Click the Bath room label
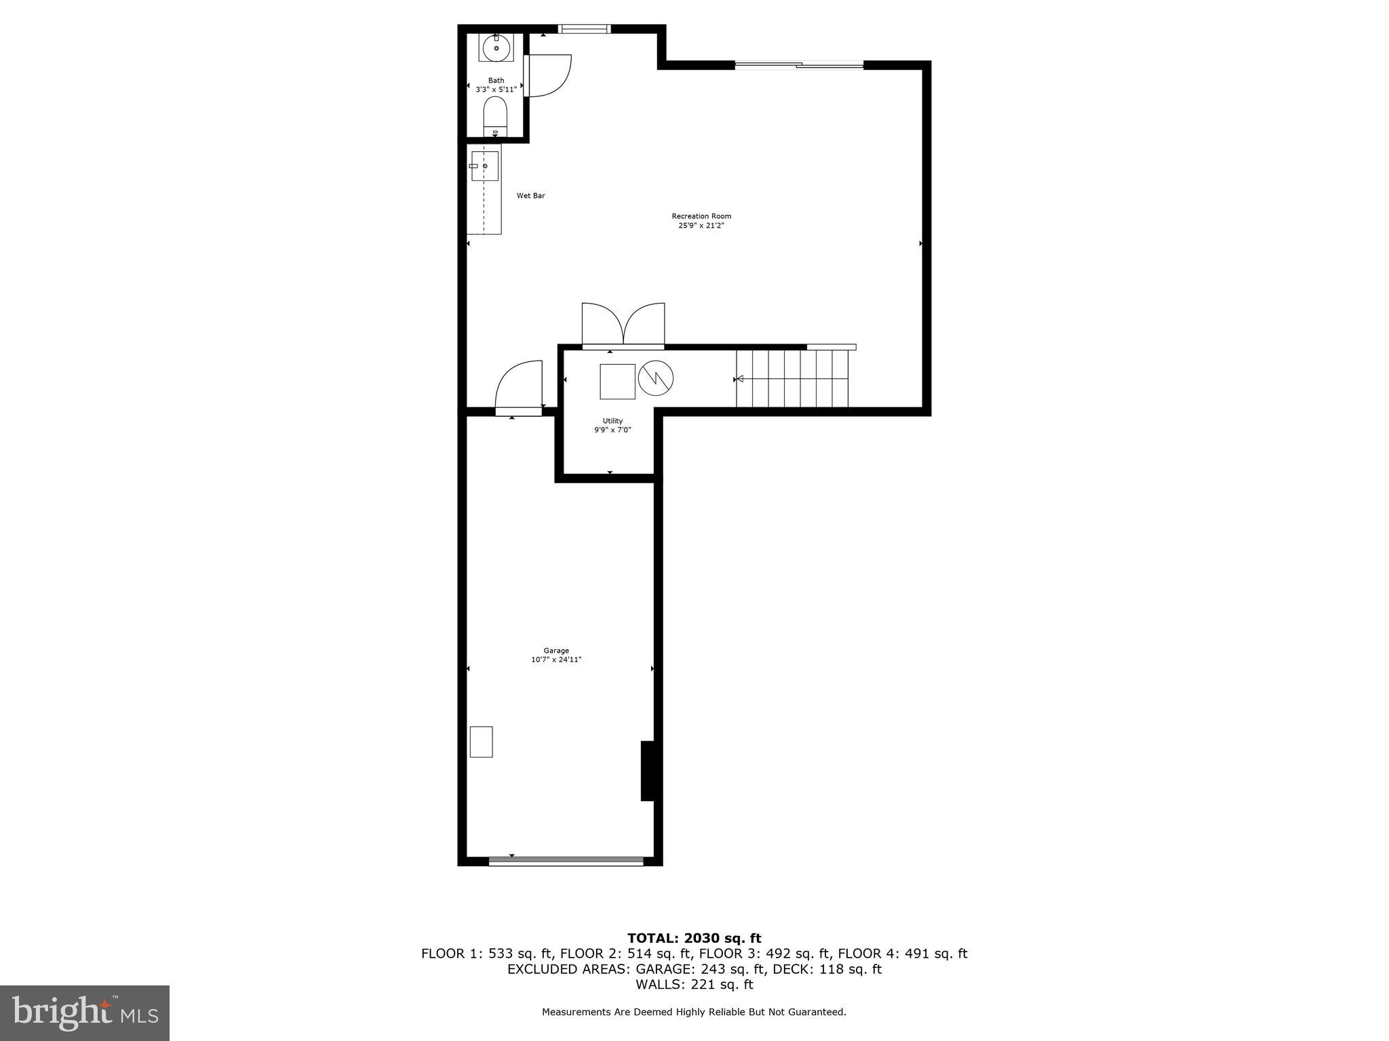[496, 81]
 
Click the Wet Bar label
[530, 196]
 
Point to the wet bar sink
[484, 166]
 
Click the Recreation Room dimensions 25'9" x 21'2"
[701, 225]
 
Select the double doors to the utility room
[623, 326]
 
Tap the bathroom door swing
[548, 75]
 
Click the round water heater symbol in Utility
[655, 378]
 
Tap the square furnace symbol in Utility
[617, 382]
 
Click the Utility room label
[612, 421]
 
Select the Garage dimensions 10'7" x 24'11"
[556, 659]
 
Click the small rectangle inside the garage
[481, 741]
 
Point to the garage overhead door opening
[566, 861]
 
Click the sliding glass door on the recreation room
[799, 65]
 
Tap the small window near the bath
[584, 28]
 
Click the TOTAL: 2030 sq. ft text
[694, 938]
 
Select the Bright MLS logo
[85, 1013]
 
